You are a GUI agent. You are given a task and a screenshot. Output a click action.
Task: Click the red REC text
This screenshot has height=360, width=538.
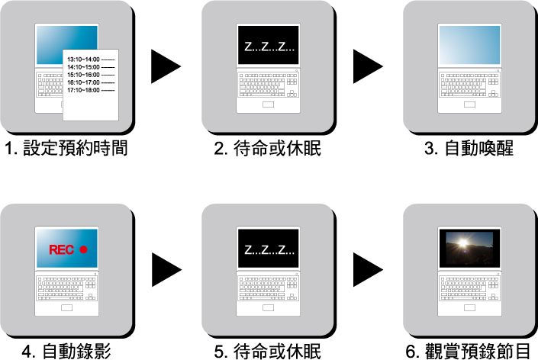pos(61,249)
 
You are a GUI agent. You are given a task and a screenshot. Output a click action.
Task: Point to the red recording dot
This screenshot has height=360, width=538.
pos(83,249)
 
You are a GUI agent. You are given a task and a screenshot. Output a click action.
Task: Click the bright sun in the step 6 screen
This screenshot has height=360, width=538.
pos(463,243)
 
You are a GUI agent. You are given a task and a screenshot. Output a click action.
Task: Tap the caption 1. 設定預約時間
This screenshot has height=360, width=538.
pos(66,148)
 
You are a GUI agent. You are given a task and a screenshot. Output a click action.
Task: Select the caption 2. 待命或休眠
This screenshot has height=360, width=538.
pos(267,148)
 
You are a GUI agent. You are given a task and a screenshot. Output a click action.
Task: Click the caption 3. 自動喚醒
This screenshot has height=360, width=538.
pos(469,148)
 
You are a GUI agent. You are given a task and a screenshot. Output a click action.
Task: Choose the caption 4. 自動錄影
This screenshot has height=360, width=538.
pos(66,351)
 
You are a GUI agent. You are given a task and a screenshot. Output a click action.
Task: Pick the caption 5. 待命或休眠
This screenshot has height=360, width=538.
pos(267,351)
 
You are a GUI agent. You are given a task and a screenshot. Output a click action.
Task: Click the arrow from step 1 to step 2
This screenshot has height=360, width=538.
pos(165,66)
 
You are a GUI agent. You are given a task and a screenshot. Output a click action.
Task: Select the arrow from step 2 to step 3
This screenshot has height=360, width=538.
pos(367,66)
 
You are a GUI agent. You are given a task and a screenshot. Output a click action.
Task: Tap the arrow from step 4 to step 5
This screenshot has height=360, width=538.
pos(166,269)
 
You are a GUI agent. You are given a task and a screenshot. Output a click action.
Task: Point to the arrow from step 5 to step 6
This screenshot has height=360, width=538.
pos(367,269)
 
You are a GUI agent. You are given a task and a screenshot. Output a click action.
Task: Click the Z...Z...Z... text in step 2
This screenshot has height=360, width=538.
pos(269,47)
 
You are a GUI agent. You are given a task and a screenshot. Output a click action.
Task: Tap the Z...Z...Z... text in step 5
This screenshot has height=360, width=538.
pos(269,249)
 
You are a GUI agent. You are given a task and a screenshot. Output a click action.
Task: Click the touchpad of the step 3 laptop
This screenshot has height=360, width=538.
pos(469,104)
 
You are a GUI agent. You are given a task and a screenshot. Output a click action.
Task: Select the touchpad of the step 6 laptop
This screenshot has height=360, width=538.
pos(469,308)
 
